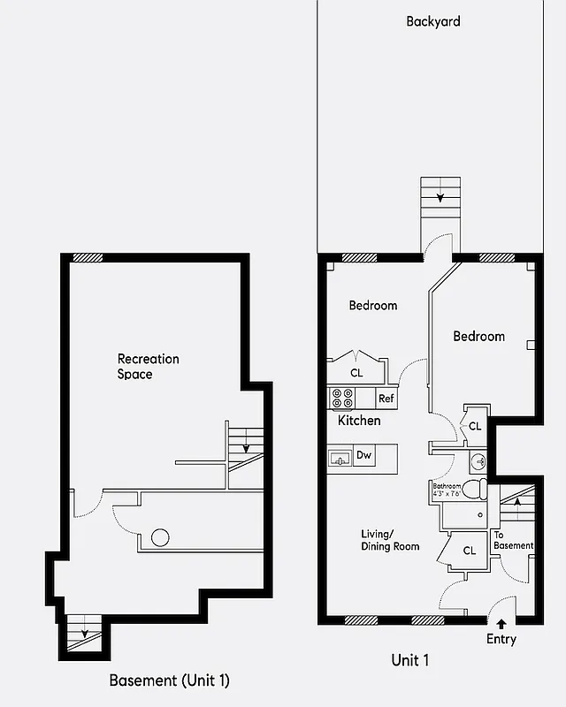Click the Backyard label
pyautogui.click(x=433, y=21)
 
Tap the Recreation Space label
pyautogui.click(x=148, y=367)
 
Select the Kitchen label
pyautogui.click(x=359, y=421)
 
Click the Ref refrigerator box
pyautogui.click(x=386, y=399)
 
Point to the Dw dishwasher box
pyautogui.click(x=363, y=456)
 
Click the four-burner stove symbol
pyautogui.click(x=340, y=399)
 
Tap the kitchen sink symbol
pyautogui.click(x=339, y=458)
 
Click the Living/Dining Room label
pyautogui.click(x=390, y=540)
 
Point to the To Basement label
pyautogui.click(x=513, y=540)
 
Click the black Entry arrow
pyautogui.click(x=501, y=625)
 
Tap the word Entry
pyautogui.click(x=501, y=640)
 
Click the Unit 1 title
pyautogui.click(x=409, y=660)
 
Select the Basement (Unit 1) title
pyautogui.click(x=169, y=680)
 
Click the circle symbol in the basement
pyautogui.click(x=160, y=536)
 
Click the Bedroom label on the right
pyautogui.click(x=479, y=337)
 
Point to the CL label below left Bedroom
pyautogui.click(x=356, y=373)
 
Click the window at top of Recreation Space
pyautogui.click(x=88, y=258)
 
